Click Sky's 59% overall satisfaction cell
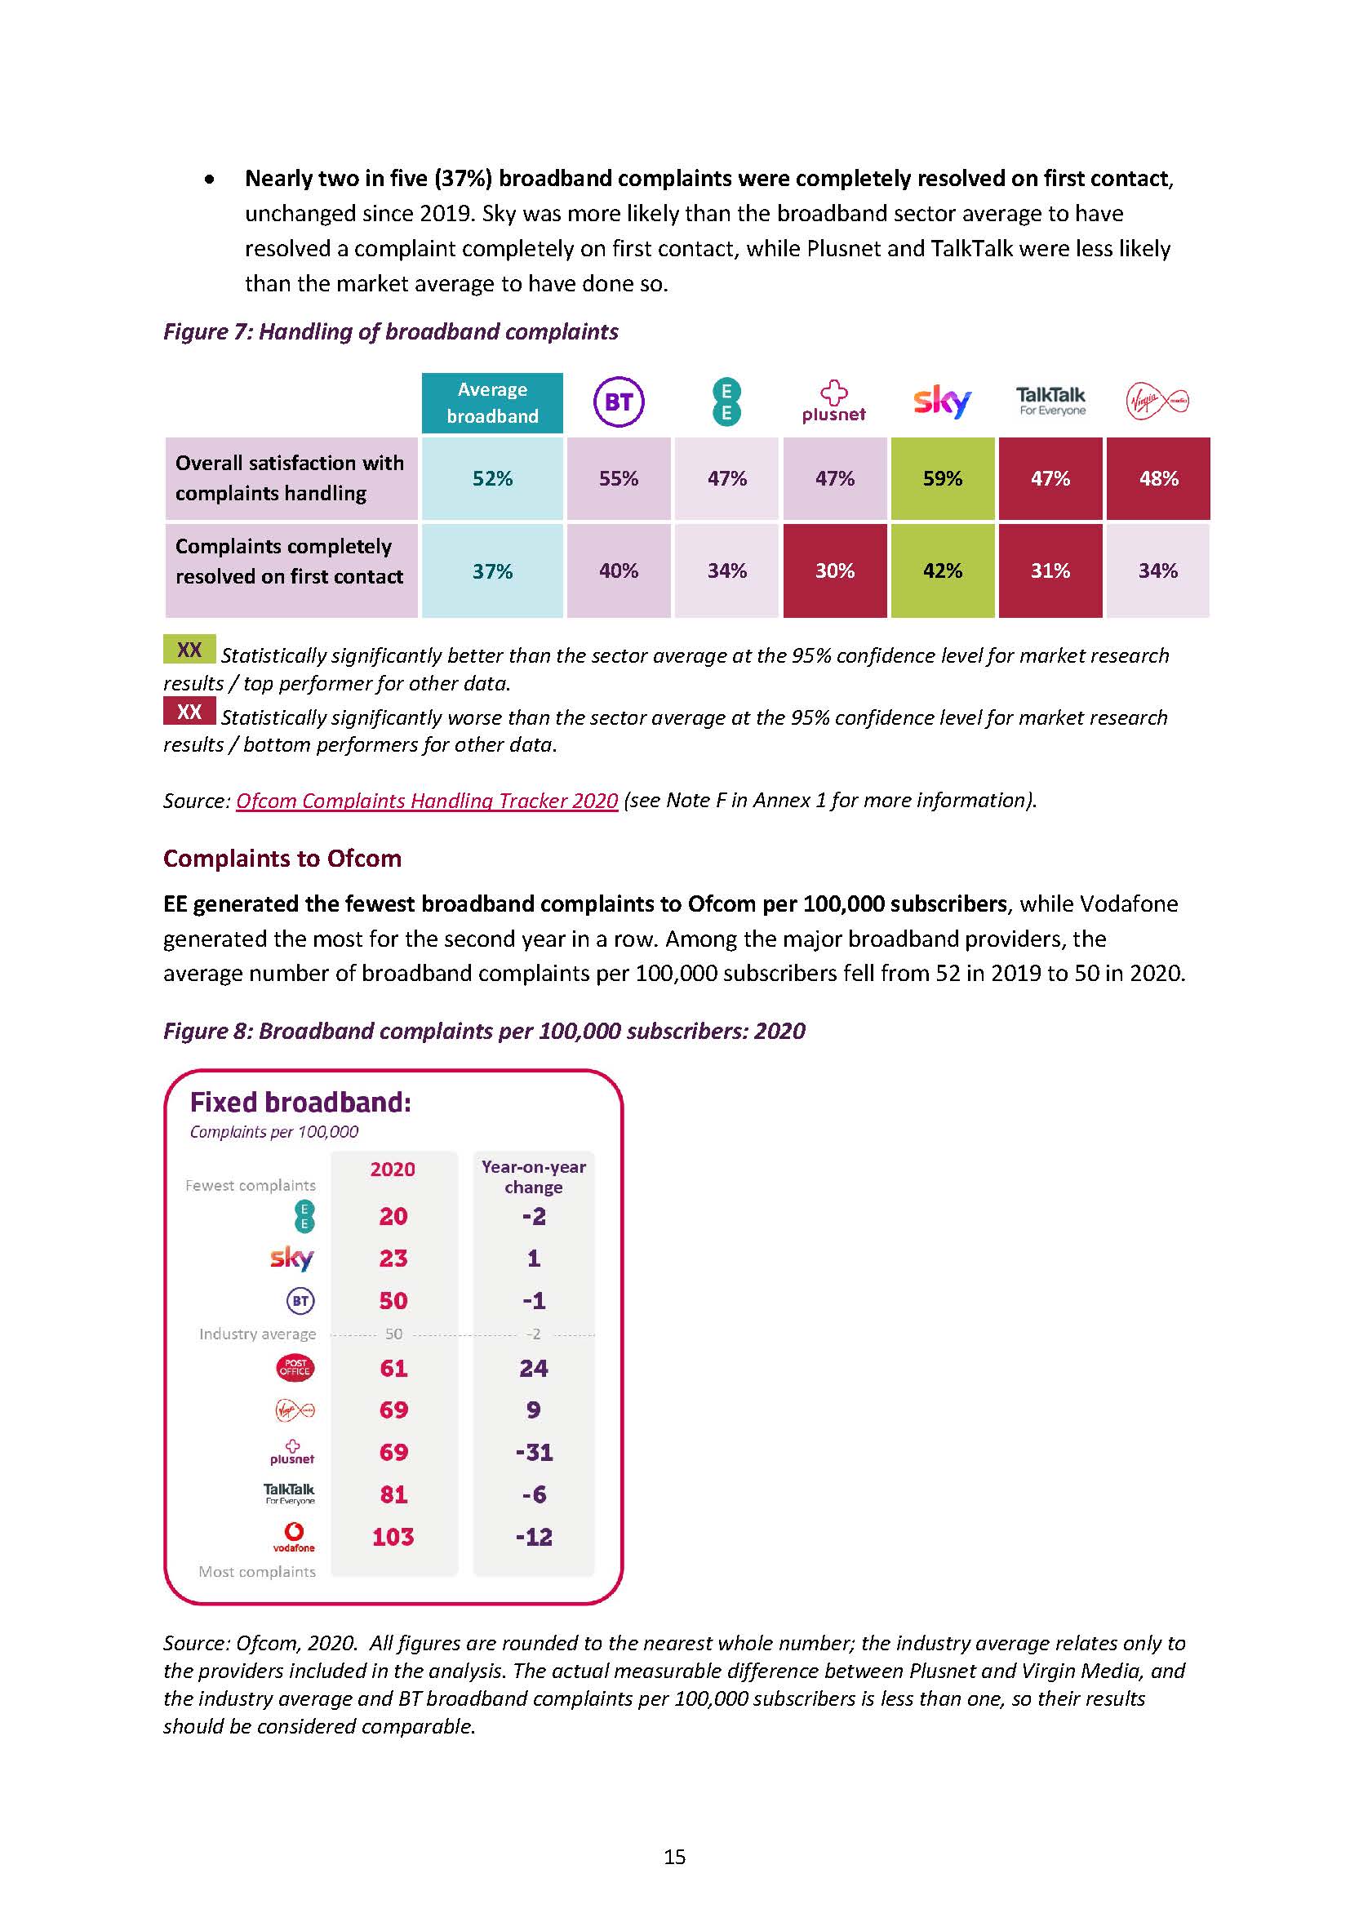(942, 479)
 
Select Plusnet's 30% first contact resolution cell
(835, 571)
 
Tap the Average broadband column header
(492, 403)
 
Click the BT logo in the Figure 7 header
(619, 402)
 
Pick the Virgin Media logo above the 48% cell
(1157, 402)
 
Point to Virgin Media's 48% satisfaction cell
(1158, 479)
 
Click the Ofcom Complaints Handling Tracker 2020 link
(426, 801)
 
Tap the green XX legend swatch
(189, 650)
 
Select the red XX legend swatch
(189, 712)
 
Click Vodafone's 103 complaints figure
(393, 1537)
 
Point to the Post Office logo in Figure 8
(295, 1368)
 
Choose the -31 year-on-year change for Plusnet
(534, 1452)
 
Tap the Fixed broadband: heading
(300, 1103)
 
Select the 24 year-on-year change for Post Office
(534, 1368)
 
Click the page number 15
(674, 1857)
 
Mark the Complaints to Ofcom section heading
(282, 858)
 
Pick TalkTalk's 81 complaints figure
(393, 1494)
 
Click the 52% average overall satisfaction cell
(492, 479)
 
